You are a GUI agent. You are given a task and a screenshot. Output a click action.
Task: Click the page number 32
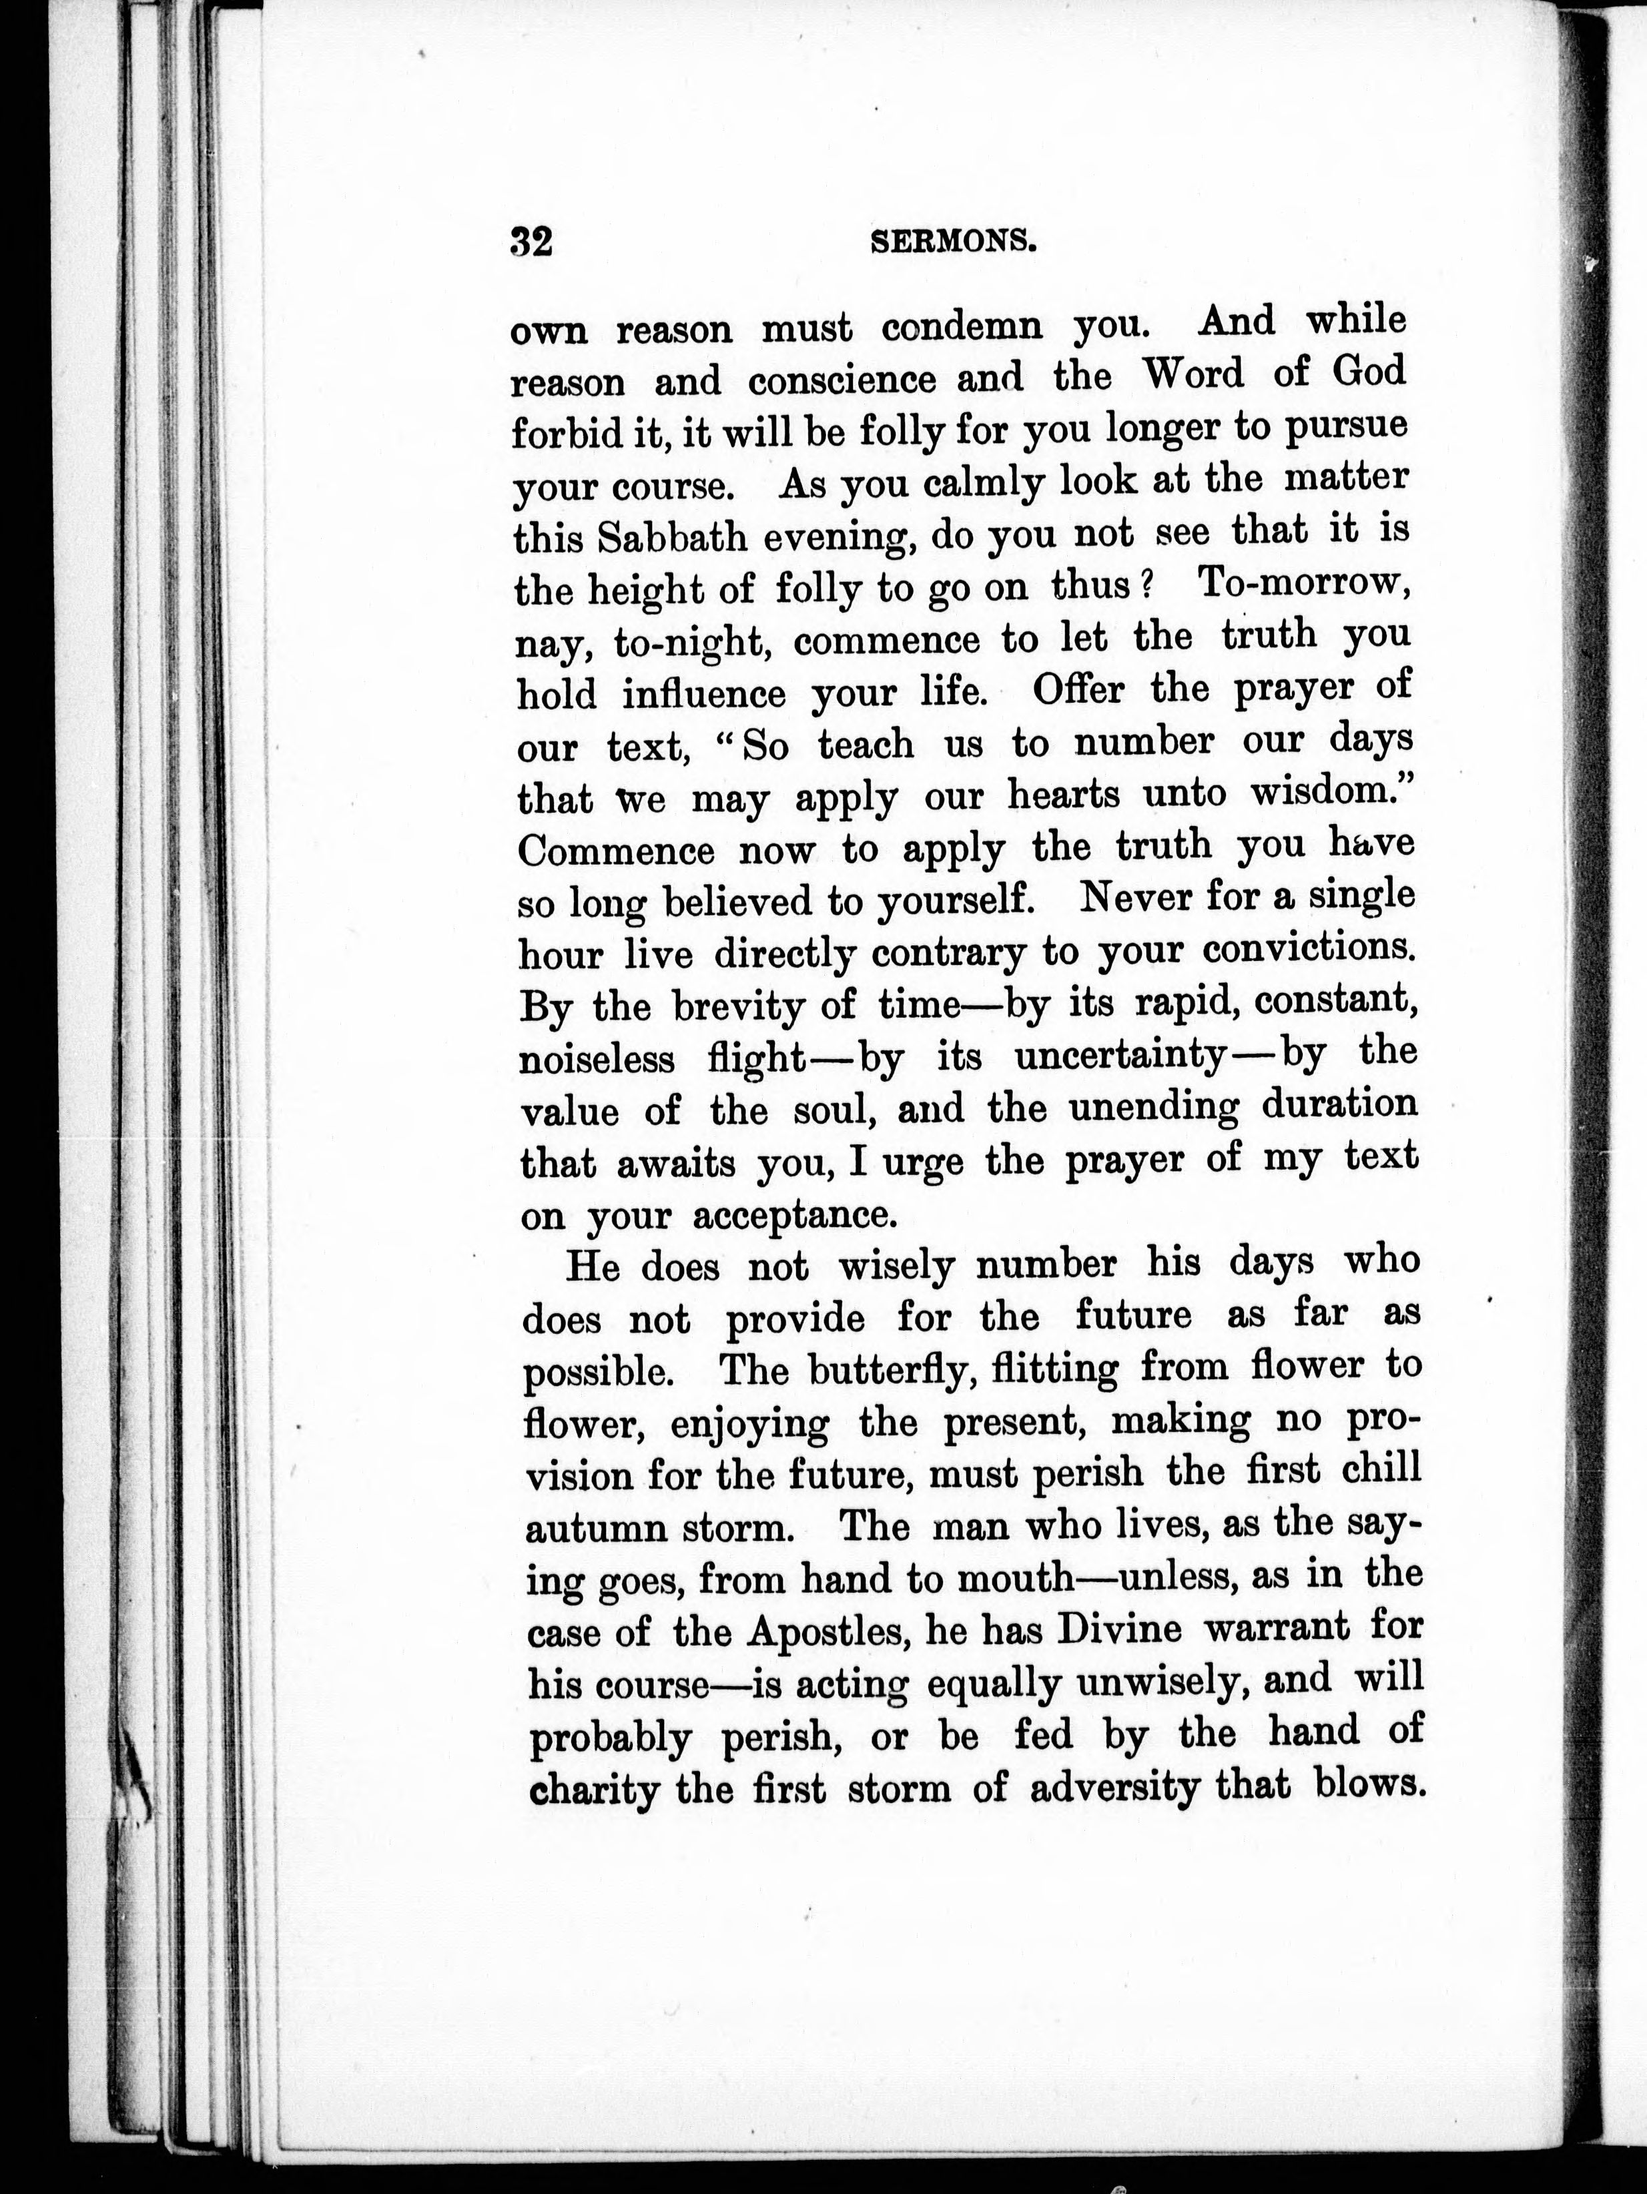click(x=531, y=241)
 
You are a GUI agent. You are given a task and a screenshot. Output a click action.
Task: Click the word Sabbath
click(x=673, y=536)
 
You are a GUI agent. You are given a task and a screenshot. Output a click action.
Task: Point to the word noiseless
click(x=597, y=1060)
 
